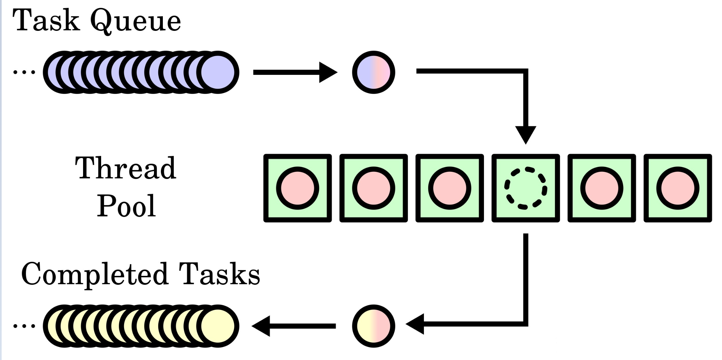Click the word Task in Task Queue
click(46, 20)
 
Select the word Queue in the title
click(135, 22)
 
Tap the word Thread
click(126, 168)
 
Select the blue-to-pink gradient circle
click(373, 72)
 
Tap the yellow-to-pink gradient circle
click(373, 326)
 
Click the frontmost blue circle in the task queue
click(218, 72)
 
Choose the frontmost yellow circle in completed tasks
click(218, 326)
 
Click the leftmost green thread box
click(297, 188)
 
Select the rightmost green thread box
click(678, 188)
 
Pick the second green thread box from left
click(374, 188)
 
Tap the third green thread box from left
click(449, 188)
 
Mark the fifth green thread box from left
click(602, 188)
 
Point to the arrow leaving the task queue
click(295, 72)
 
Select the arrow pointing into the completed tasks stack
click(294, 326)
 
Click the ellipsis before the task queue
click(24, 72)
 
